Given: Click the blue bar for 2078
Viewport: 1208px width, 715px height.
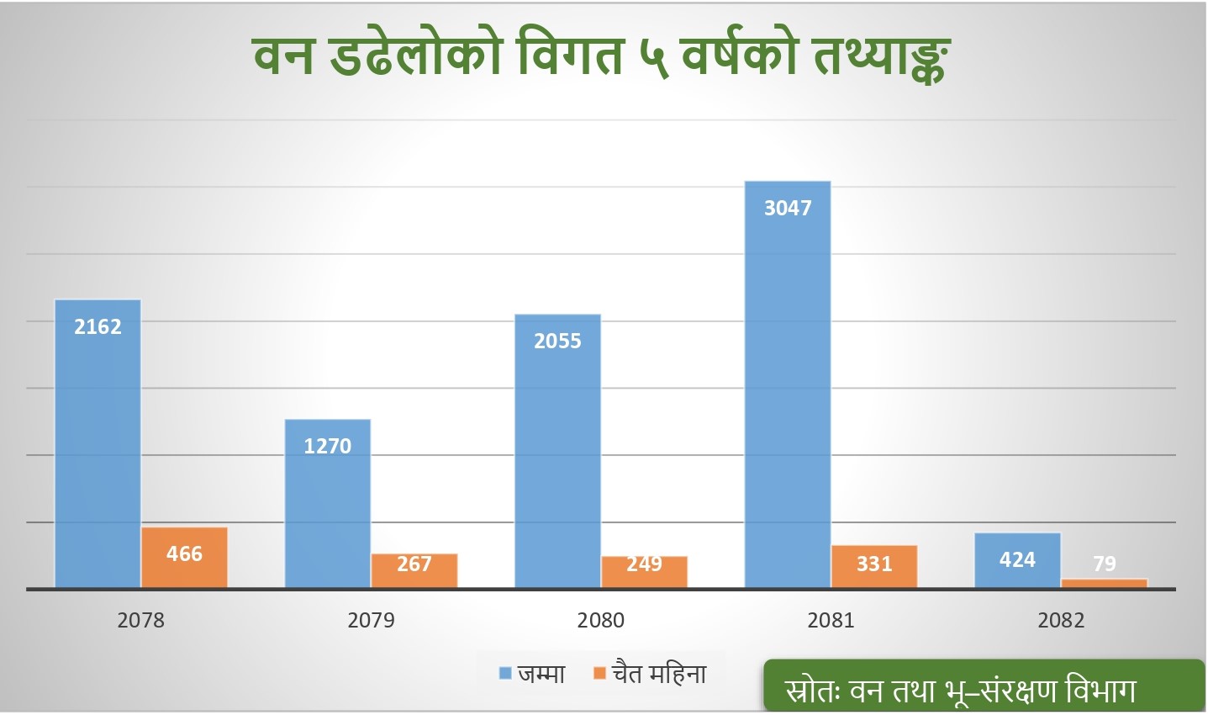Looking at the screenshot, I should pyautogui.click(x=98, y=446).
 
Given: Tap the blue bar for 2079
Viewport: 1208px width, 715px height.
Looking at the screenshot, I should pyautogui.click(x=328, y=505).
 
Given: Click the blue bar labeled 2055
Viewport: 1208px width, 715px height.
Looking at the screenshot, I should pyautogui.click(x=557, y=454).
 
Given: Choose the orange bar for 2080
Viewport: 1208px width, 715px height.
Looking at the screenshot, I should pyautogui.click(x=644, y=572).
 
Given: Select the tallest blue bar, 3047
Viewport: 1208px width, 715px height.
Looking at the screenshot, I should pyautogui.click(x=788, y=387).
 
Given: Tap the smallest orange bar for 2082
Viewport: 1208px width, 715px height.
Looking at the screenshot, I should pyautogui.click(x=1104, y=583).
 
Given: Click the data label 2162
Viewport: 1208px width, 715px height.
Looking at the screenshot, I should pyautogui.click(x=98, y=326).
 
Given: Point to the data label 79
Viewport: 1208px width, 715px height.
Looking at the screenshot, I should pyautogui.click(x=1105, y=564).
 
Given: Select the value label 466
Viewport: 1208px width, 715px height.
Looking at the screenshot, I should pyautogui.click(x=184, y=553).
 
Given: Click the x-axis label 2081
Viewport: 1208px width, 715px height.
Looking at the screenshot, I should pyautogui.click(x=831, y=621).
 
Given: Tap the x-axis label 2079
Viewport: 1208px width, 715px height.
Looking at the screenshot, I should pyautogui.click(x=371, y=621).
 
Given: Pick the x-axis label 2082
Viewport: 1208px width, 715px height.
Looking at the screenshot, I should pyautogui.click(x=1061, y=621).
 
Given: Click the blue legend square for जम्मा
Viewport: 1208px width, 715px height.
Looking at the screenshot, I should pyautogui.click(x=506, y=674).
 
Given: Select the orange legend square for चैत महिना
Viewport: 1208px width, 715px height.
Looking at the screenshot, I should pyautogui.click(x=599, y=674).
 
